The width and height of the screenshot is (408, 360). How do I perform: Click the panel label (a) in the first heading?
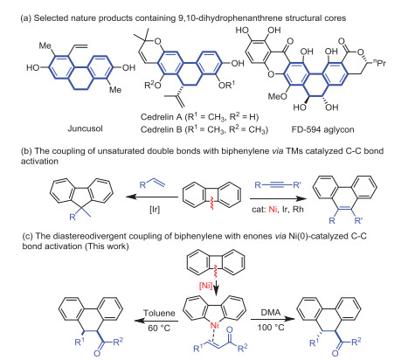(10, 8)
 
